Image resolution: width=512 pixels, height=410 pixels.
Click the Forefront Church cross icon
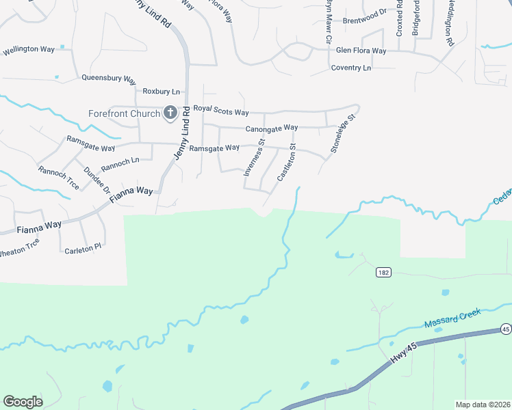[x=170, y=113]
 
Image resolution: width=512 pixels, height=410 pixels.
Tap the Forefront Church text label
[x=124, y=113]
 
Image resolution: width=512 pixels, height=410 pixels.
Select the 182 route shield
[x=383, y=272]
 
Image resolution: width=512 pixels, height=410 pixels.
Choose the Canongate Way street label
[x=272, y=128]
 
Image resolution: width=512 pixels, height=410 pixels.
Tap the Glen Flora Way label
[x=361, y=51]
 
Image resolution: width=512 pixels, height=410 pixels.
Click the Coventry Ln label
[x=350, y=68]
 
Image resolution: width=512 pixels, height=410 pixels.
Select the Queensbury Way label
[x=109, y=78]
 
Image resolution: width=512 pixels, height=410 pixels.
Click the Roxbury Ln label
[x=161, y=91]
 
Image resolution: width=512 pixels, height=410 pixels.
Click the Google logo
[x=23, y=401]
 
